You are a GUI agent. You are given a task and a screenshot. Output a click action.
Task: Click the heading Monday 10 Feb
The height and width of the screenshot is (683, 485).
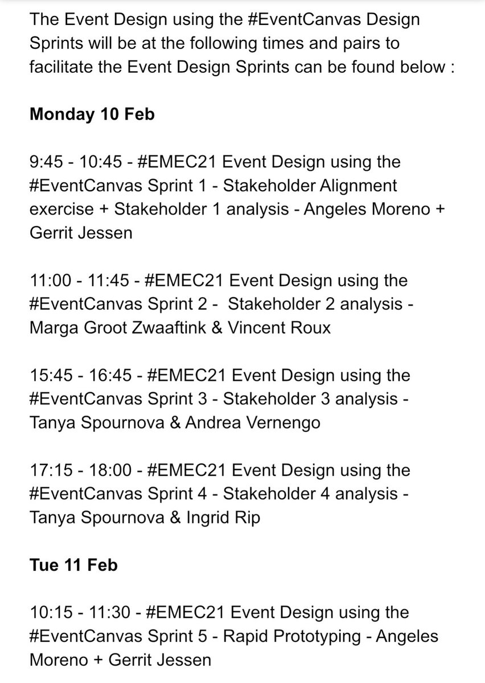tap(92, 114)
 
